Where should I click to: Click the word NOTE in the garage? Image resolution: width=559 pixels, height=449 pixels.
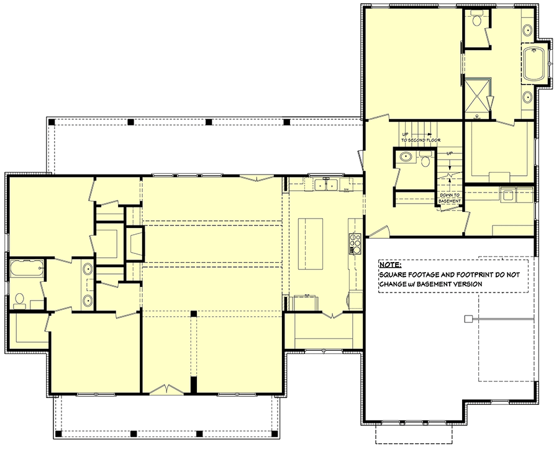(x=389, y=264)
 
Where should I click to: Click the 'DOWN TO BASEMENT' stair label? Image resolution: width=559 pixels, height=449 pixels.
(x=450, y=198)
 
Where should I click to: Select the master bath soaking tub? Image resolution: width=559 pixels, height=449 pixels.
(x=533, y=65)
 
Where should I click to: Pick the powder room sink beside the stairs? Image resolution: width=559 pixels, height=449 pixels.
(x=404, y=156)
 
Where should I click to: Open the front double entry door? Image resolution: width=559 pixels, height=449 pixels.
(x=166, y=389)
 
